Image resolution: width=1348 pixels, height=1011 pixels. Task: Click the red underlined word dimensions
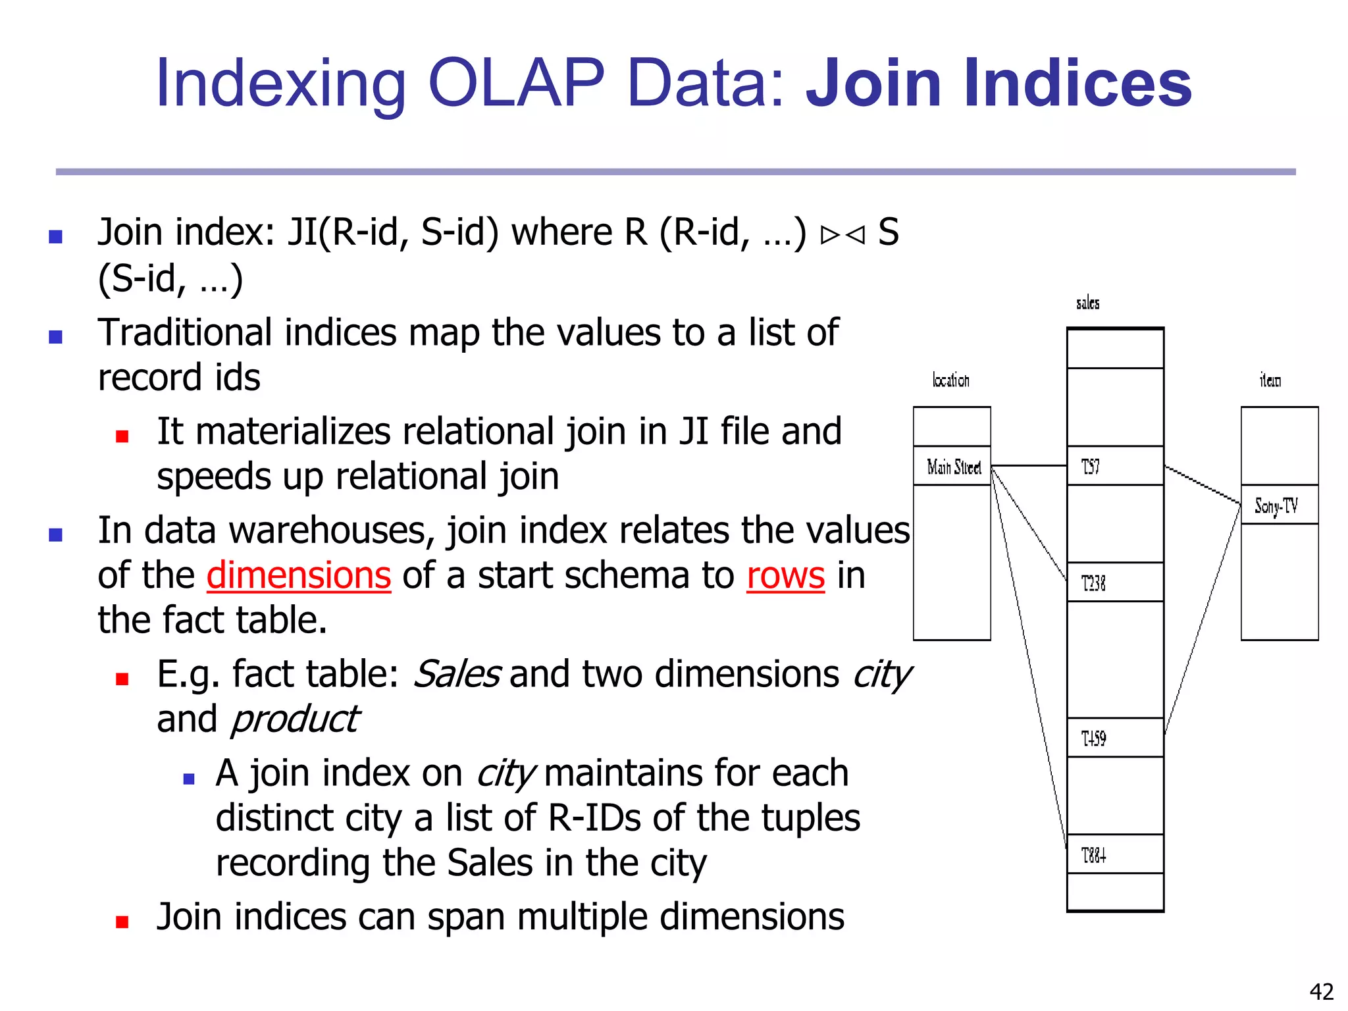pyautogui.click(x=299, y=575)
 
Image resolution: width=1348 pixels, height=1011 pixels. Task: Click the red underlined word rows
pyautogui.click(x=785, y=575)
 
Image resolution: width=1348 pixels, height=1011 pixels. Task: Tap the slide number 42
pyautogui.click(x=1321, y=991)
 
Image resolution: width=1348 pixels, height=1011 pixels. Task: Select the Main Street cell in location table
pyautogui.click(x=952, y=467)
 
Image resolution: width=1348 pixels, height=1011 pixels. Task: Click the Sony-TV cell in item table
pyautogui.click(x=1279, y=505)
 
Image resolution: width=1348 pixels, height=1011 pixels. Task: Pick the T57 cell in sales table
pyautogui.click(x=1115, y=466)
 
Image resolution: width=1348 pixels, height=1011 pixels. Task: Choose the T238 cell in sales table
pyautogui.click(x=1115, y=583)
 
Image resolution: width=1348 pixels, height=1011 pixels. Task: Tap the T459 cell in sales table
pyautogui.click(x=1115, y=738)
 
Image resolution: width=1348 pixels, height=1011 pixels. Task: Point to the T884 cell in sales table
pyautogui.click(x=1115, y=854)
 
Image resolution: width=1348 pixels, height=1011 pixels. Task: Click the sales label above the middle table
pyautogui.click(x=1087, y=303)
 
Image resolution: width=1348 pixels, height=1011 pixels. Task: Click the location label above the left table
pyautogui.click(x=950, y=380)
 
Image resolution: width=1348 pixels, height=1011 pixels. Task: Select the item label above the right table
pyautogui.click(x=1270, y=380)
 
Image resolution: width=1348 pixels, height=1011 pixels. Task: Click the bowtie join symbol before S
pyautogui.click(x=842, y=235)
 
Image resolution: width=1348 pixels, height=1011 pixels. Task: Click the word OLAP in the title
pyautogui.click(x=515, y=84)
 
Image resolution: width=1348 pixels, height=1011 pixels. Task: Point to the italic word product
pyautogui.click(x=294, y=719)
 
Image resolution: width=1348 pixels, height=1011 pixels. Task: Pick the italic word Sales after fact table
pyautogui.click(x=456, y=674)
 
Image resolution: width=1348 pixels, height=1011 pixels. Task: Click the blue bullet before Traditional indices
pyautogui.click(x=56, y=337)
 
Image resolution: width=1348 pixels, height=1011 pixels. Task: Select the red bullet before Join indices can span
pyautogui.click(x=122, y=921)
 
